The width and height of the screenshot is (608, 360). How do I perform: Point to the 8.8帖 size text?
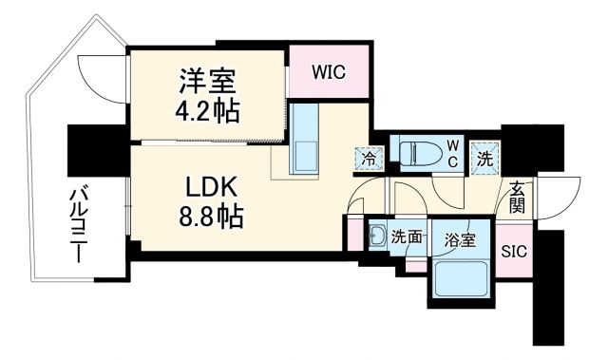click(x=209, y=218)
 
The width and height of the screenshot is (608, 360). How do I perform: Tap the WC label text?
click(x=453, y=154)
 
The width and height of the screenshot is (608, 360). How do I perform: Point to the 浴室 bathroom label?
click(x=459, y=240)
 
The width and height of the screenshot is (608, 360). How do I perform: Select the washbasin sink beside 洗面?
click(x=377, y=237)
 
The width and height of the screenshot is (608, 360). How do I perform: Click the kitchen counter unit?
click(x=307, y=140)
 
